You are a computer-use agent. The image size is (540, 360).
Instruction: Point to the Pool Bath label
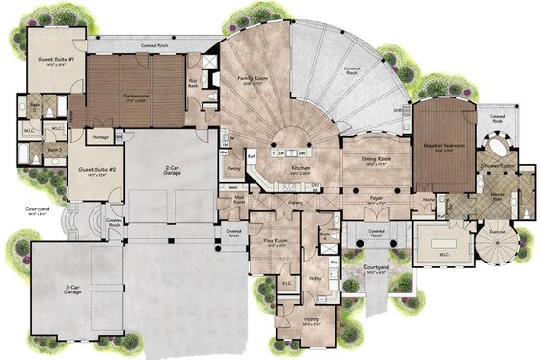click(x=193, y=83)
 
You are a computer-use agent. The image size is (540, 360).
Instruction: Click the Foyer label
click(x=376, y=198)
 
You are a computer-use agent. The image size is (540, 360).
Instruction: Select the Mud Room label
click(x=238, y=199)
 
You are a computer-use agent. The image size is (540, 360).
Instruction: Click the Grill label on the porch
click(x=397, y=111)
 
